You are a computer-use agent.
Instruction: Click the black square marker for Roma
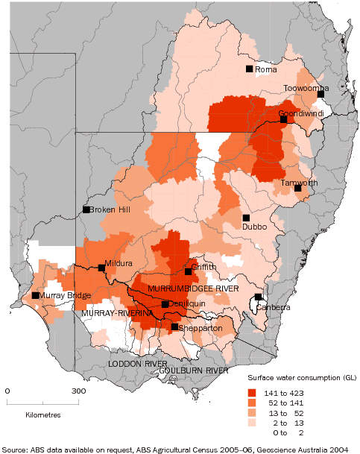[x=250, y=69]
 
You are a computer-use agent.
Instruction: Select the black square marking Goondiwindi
[x=283, y=119]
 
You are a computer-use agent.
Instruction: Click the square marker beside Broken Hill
[x=86, y=209]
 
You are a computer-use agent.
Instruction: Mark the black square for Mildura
[x=101, y=268]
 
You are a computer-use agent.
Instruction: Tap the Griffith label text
[x=203, y=266]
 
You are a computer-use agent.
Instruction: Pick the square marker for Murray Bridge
[x=36, y=295]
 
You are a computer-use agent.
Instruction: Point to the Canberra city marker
[x=258, y=297]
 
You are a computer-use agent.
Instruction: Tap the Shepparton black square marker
[x=174, y=327]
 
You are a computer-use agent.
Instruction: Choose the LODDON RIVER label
[x=138, y=363]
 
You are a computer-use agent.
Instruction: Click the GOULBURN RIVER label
[x=193, y=370]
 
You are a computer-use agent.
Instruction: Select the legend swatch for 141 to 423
[x=253, y=392]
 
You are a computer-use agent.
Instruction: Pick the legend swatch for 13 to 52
[x=253, y=412]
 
